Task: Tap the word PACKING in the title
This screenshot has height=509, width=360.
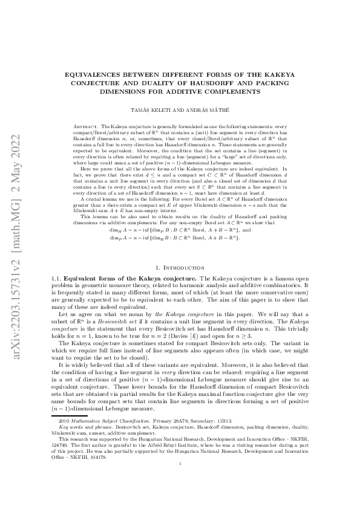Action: pos(283,83)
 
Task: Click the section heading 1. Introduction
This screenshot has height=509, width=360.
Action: pos(181,267)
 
